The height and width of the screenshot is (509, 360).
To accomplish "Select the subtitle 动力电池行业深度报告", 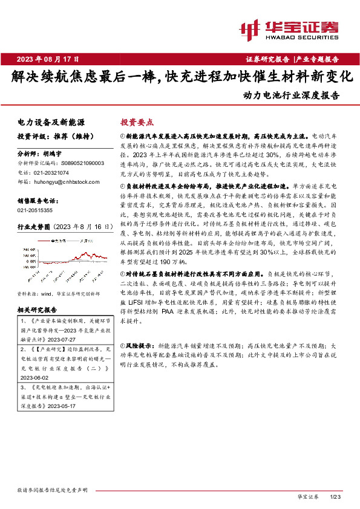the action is click(x=291, y=95).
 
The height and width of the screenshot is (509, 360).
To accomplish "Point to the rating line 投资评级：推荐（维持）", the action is click(x=53, y=136).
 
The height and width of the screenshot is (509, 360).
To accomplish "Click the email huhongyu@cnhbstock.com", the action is click(x=63, y=181).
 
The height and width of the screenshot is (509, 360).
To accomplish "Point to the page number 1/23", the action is click(x=336, y=496).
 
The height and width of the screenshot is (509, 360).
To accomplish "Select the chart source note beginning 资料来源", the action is click(x=57, y=293).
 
